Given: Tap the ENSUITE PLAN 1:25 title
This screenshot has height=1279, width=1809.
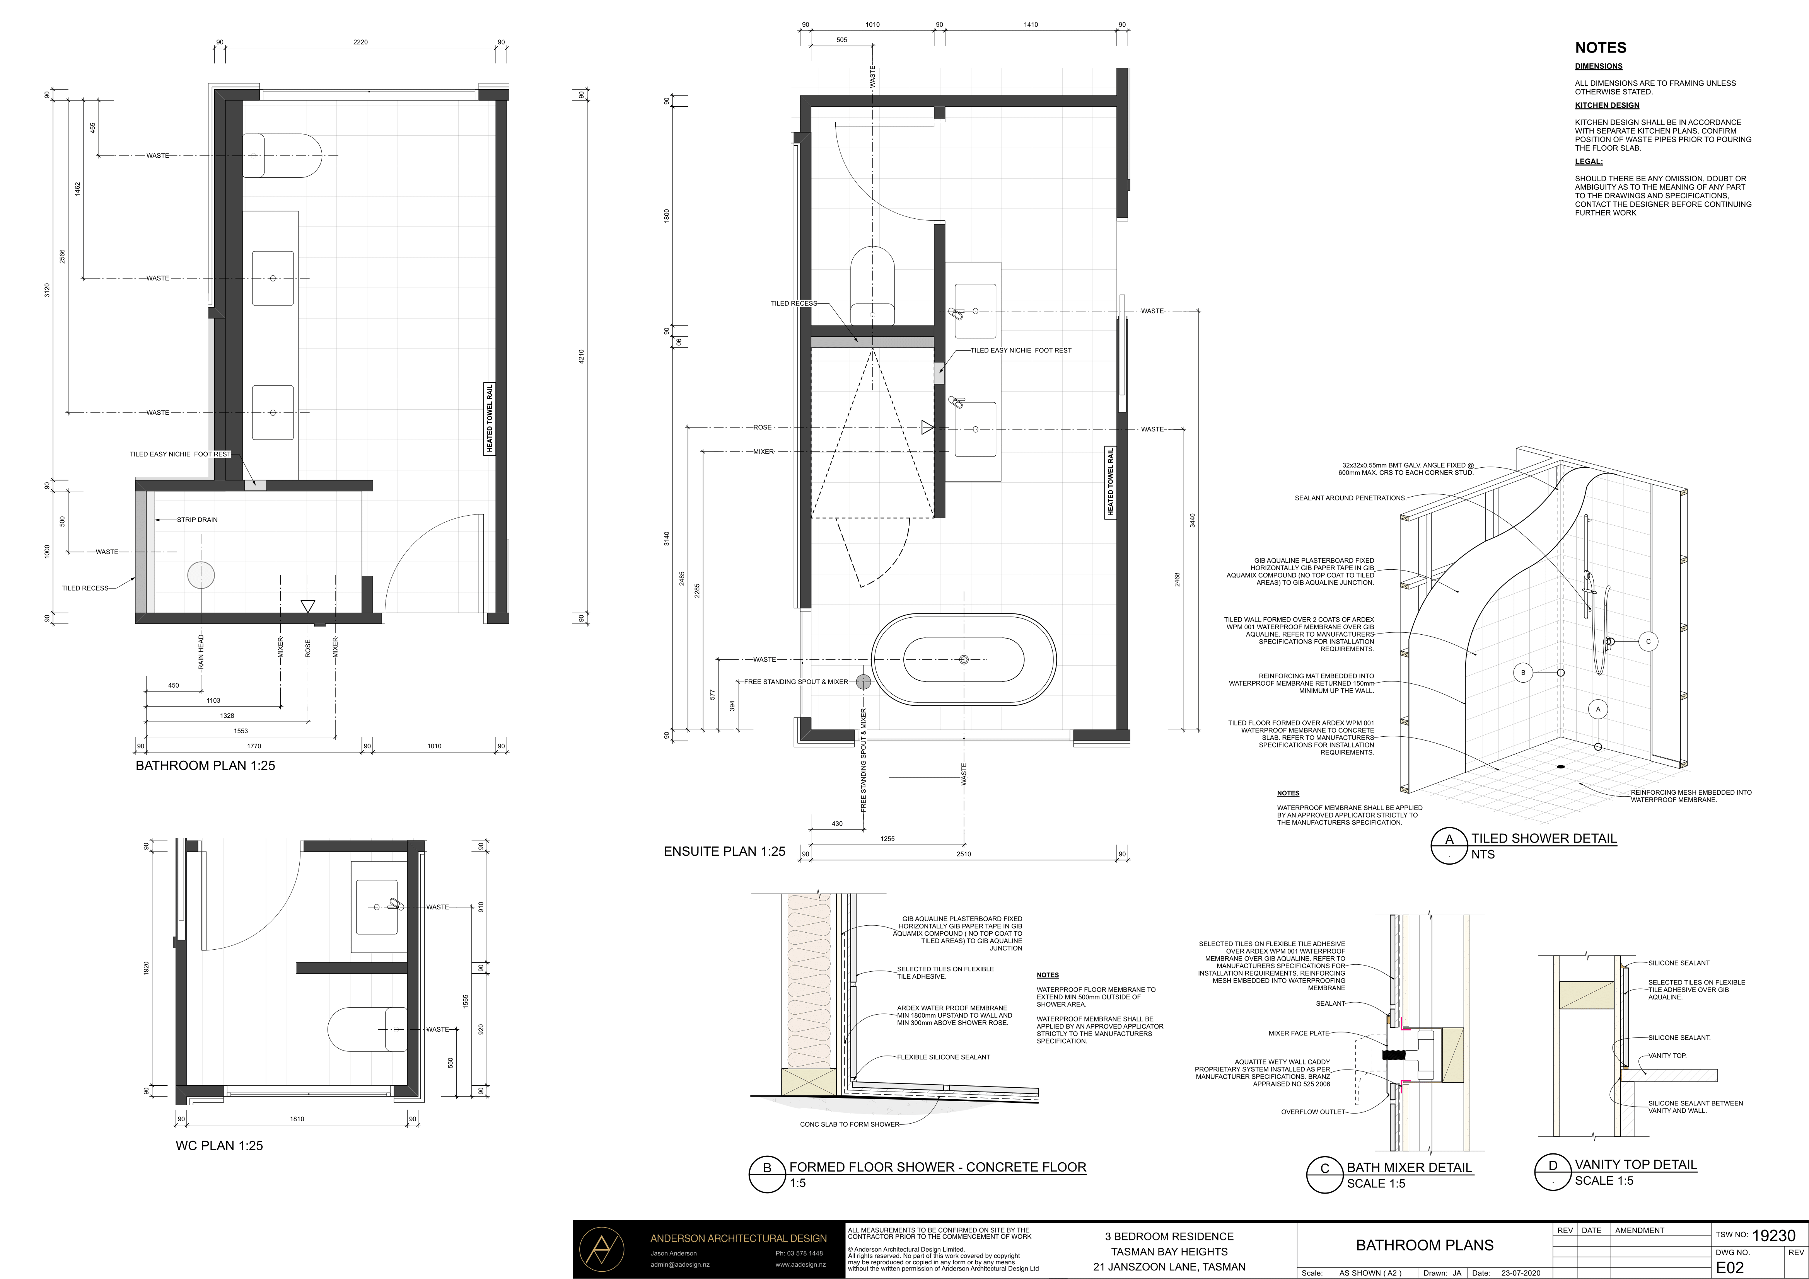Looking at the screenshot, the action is point(724,852).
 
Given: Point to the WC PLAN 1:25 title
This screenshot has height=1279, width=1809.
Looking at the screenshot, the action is point(219,1145).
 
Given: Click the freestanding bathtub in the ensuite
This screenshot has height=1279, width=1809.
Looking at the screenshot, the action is point(964,659).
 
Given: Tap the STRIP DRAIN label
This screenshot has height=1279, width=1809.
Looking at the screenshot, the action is point(197,520).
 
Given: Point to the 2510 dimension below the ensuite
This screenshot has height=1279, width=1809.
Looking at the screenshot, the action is point(964,854).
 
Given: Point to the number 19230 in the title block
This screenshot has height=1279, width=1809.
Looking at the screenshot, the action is point(1773,1236).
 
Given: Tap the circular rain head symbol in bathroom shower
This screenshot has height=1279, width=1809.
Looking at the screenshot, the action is point(201,576).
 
